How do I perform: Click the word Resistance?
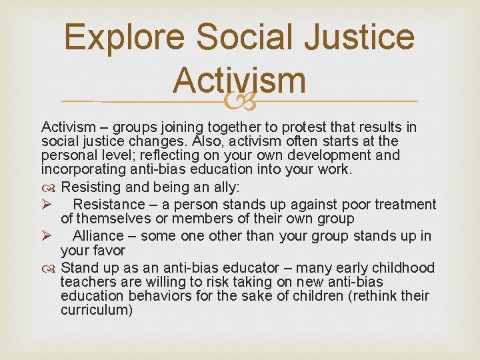[x=108, y=205]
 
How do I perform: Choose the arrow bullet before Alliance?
[x=46, y=236]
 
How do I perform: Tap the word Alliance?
[x=98, y=236]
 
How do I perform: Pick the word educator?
[x=254, y=268]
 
